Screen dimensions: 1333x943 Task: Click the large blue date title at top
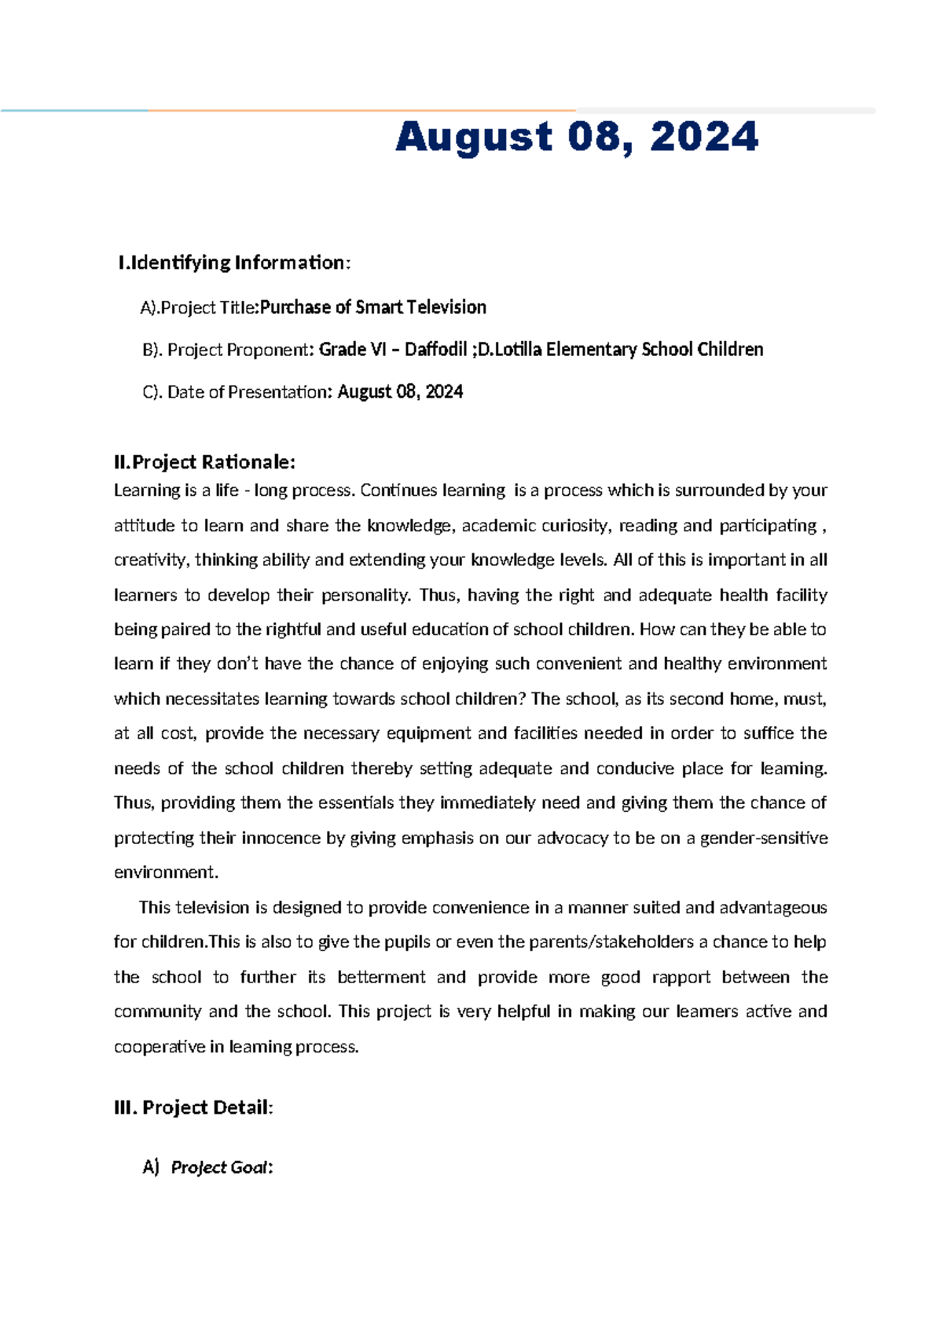[577, 138]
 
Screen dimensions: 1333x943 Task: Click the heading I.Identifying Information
[233, 263]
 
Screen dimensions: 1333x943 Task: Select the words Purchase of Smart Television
[372, 307]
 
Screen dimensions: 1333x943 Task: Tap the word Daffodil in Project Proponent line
[435, 350]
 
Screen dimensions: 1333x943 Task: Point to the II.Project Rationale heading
[204, 461]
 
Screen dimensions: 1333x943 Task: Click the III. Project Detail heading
[193, 1108]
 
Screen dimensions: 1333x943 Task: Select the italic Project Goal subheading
[221, 1168]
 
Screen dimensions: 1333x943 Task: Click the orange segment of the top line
[361, 111]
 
